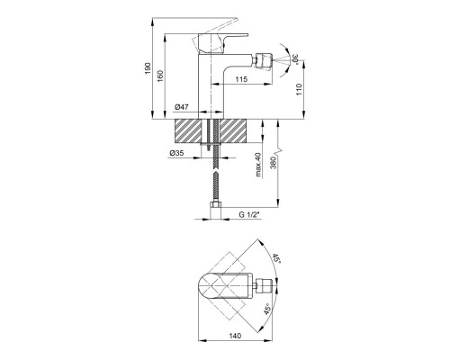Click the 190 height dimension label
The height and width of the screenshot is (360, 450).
[x=148, y=68]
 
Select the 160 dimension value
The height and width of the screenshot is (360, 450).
[x=160, y=76]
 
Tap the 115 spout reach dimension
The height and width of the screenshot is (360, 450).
[x=241, y=79]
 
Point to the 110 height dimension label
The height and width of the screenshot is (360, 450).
[x=299, y=89]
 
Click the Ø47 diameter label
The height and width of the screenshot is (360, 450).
[x=181, y=107]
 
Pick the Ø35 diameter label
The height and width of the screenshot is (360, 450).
[x=176, y=153]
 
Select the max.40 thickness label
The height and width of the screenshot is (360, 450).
[x=258, y=165]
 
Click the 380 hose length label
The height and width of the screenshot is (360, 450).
[x=273, y=163]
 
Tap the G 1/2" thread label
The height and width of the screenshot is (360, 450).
[x=248, y=214]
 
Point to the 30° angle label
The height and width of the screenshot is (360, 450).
[x=295, y=58]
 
